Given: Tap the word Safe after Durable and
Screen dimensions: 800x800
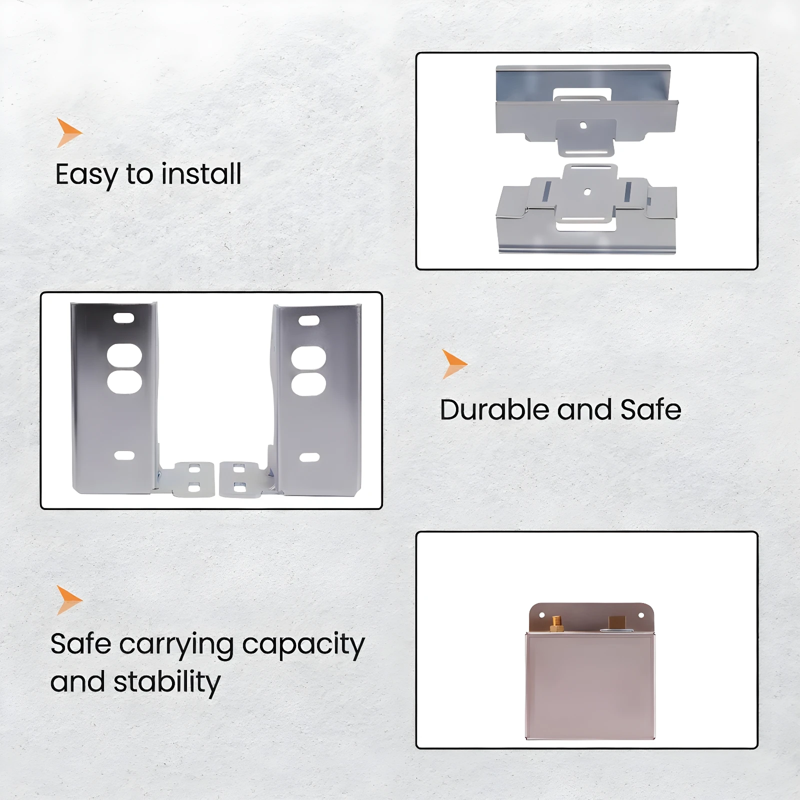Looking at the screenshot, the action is pos(650,409).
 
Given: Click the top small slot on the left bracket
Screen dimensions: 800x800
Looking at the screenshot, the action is pos(123,318).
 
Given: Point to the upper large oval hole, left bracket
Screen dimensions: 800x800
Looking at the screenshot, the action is pos(124,355).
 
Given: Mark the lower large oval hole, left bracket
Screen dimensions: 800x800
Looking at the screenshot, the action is pos(124,381).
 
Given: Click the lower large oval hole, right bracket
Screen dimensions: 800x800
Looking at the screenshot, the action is pos(308,384).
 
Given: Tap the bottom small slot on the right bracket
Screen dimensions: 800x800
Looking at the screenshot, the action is pos(309,457).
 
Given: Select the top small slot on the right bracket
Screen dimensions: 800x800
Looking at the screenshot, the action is pos(309,320).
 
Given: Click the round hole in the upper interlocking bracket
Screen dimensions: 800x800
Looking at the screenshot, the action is pos(583,125).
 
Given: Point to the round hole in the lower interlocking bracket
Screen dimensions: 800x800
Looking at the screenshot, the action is pos(587,191).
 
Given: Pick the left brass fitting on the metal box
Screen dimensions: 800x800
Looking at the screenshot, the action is pos(556,624).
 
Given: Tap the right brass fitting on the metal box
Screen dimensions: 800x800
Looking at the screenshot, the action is pos(617,623).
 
